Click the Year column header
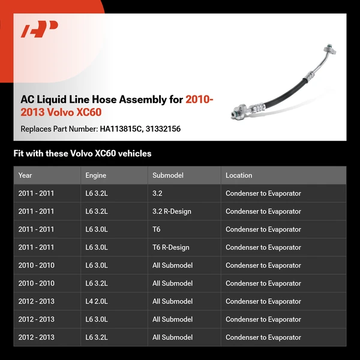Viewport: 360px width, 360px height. (25, 175)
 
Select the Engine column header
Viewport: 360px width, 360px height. (95, 175)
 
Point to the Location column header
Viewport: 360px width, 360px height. (239, 175)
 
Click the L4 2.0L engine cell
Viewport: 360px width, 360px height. (97, 301)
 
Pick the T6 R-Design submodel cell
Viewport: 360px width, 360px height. (170, 247)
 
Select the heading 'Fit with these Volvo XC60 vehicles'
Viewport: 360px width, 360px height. (82, 154)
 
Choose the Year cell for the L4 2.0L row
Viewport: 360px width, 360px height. (36, 301)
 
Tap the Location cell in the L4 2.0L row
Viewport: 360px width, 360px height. (263, 301)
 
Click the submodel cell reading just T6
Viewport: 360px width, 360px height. (157, 229)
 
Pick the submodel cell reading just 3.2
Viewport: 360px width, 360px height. (157, 193)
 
